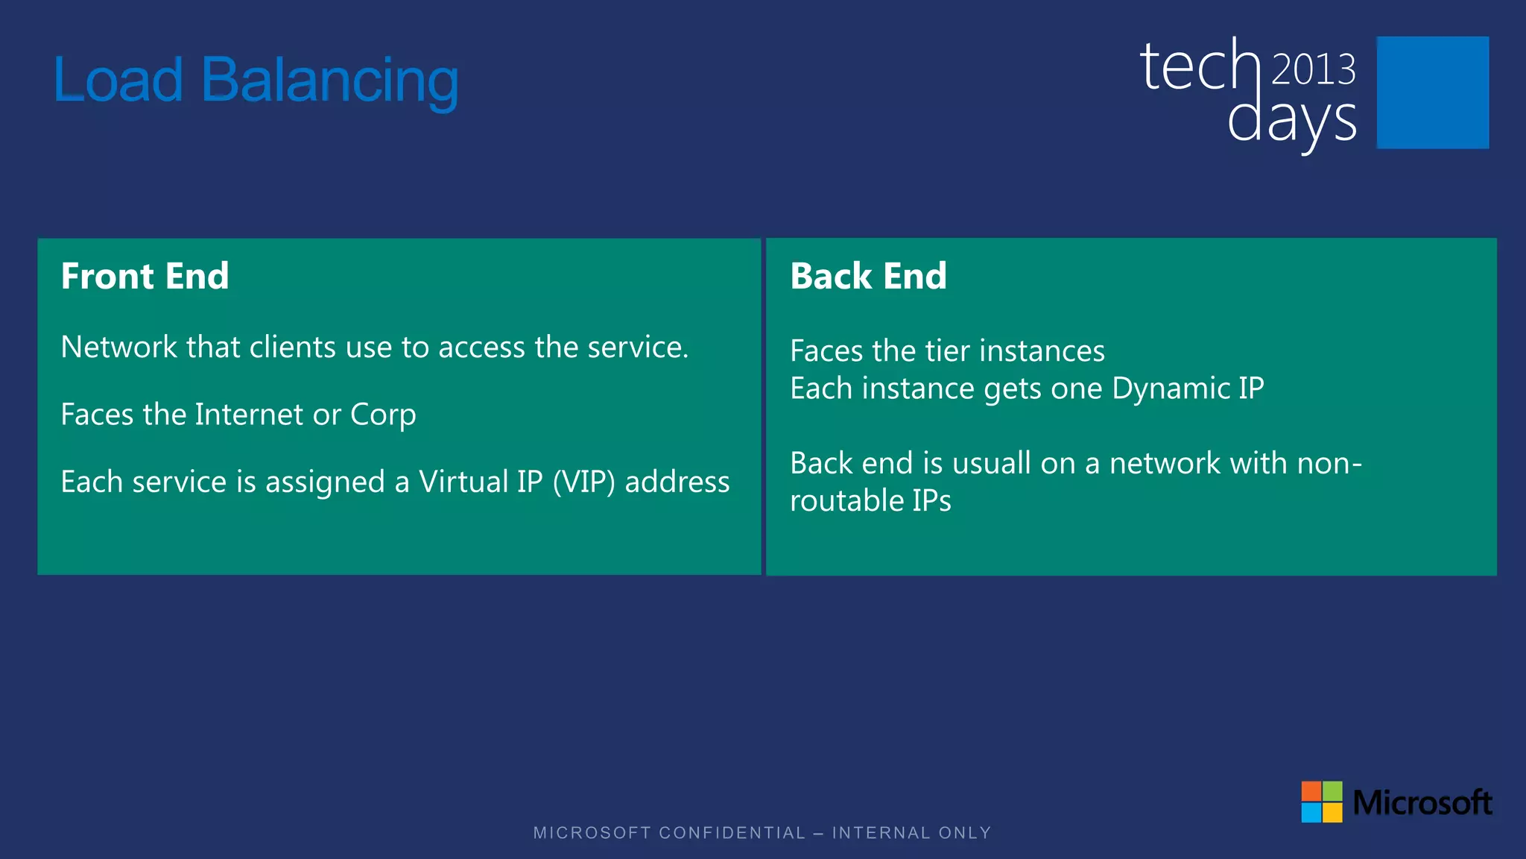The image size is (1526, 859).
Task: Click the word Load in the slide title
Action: pos(118,81)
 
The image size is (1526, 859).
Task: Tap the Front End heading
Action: pos(145,276)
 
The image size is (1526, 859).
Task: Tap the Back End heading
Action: pos(868,276)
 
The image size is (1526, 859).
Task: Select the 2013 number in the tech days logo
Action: pos(1313,70)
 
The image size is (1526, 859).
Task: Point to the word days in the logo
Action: pos(1291,121)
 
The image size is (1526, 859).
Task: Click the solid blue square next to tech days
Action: pos(1432,92)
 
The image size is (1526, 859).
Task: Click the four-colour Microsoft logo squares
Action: pos(1321,802)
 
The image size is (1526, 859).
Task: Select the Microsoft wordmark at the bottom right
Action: pos(1422,803)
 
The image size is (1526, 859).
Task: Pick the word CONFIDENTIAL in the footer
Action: pos(732,833)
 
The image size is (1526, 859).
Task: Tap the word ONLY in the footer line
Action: pos(965,833)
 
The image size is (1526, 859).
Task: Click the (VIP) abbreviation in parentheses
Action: pos(583,482)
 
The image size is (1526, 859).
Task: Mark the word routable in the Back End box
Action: pos(836,501)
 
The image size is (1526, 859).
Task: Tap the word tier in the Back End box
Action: pos(947,351)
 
